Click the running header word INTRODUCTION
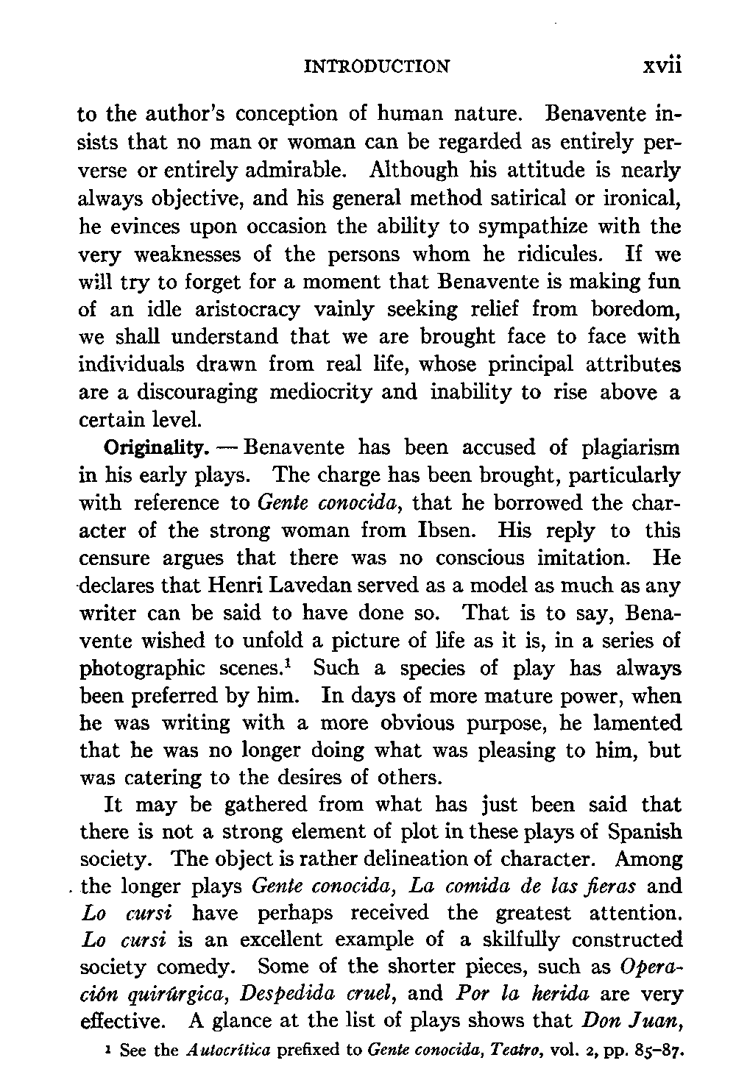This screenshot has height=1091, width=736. (376, 67)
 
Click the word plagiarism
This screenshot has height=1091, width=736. (630, 448)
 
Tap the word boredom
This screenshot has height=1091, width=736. (634, 310)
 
